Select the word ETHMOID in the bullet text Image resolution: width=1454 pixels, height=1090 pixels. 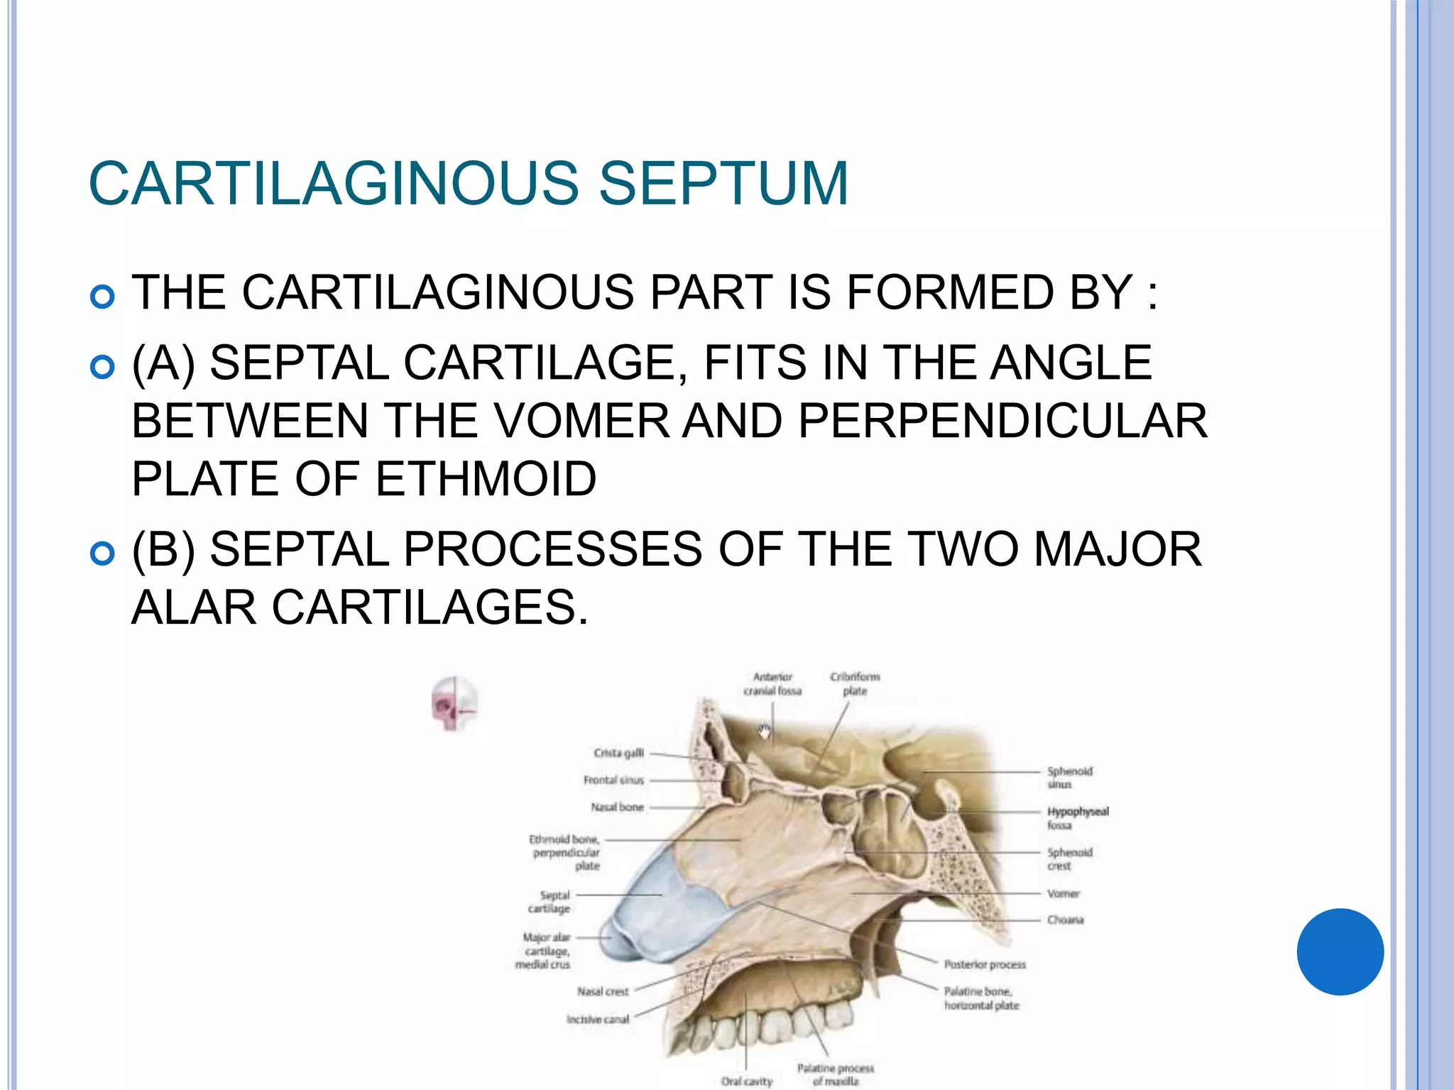coord(486,479)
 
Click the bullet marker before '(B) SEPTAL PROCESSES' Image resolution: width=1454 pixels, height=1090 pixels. coord(103,553)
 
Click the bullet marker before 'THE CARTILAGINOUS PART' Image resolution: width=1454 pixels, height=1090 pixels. coord(103,296)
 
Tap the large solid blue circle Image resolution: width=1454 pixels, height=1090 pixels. coord(1340,952)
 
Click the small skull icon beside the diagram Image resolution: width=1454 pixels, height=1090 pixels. coord(454,704)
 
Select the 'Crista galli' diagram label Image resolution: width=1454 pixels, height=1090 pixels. coord(618,753)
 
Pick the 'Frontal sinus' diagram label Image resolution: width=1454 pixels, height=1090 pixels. coord(613,780)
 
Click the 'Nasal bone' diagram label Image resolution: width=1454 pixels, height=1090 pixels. coord(617,807)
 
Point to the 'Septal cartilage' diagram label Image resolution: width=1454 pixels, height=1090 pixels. coord(549,902)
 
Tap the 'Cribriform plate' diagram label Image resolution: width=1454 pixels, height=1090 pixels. coord(855,683)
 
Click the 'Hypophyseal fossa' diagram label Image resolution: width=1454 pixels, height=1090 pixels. coord(1077,817)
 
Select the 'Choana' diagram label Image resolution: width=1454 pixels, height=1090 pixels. coord(1065,920)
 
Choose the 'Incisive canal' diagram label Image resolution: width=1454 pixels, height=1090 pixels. coord(597,1019)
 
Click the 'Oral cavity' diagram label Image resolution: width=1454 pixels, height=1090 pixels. coord(746,1081)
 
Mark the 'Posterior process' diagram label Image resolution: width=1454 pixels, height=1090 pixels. coord(985,964)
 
